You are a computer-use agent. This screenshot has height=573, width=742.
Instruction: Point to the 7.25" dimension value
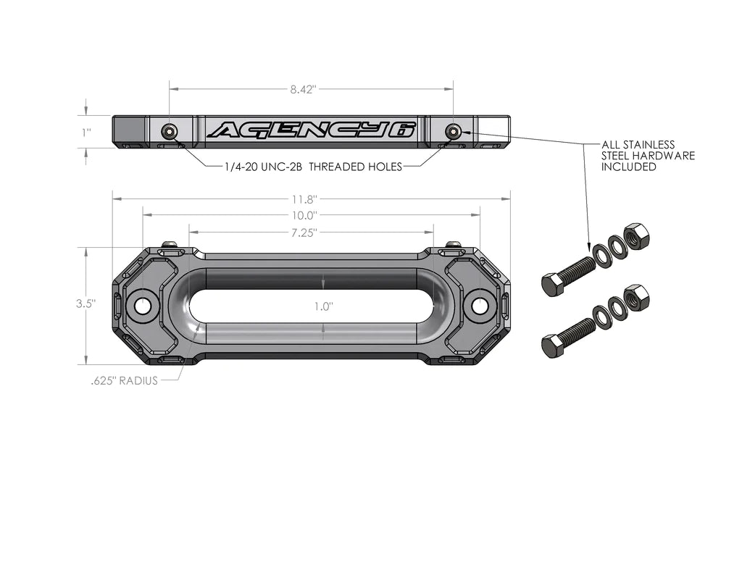[304, 233]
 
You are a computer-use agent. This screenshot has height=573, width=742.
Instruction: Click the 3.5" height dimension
[86, 304]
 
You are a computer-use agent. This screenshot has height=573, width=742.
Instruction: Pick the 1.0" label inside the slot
[323, 306]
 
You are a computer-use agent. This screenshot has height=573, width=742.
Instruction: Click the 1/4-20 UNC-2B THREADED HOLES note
[313, 167]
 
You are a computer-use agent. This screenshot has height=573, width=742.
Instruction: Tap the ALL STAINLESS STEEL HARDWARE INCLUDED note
[648, 156]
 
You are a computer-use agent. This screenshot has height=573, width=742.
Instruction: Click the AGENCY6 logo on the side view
[312, 130]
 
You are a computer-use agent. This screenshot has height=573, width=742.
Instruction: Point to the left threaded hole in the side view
[170, 131]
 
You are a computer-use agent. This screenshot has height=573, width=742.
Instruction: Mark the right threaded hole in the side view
[454, 131]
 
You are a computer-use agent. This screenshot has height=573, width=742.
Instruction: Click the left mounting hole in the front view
[143, 306]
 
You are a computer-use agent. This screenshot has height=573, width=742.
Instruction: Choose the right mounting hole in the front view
[480, 306]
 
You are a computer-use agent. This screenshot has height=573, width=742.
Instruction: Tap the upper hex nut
[636, 236]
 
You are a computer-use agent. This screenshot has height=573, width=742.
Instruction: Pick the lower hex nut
[636, 297]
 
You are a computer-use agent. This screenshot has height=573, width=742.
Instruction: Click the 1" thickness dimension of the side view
[86, 133]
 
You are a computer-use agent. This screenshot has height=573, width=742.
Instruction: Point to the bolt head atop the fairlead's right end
[454, 245]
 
